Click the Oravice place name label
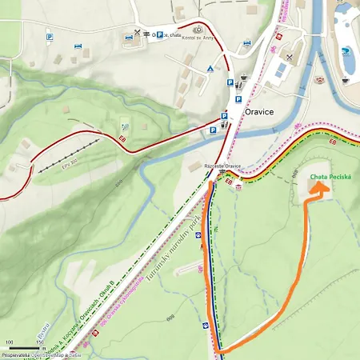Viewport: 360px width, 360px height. pos(259,113)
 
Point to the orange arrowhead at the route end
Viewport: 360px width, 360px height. pos(318,187)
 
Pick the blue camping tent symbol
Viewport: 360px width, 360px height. pos(210,69)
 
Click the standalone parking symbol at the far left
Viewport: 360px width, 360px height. pos(50,37)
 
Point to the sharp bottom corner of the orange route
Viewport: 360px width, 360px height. pos(218,351)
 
